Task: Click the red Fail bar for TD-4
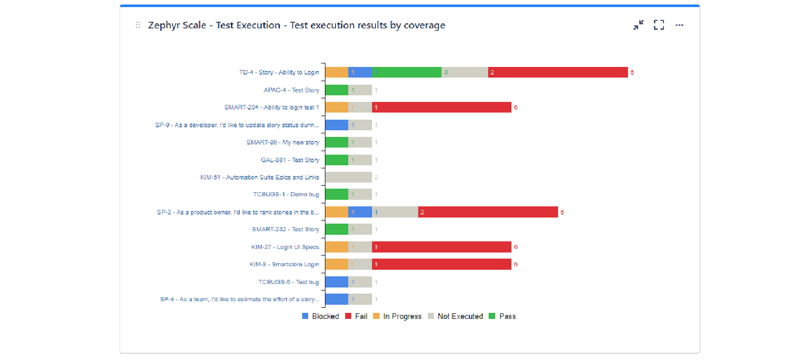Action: (x=558, y=73)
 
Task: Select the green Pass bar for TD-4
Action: (x=407, y=73)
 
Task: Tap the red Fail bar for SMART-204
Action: (x=441, y=107)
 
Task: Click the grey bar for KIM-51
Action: (x=348, y=177)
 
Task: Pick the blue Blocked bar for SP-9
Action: (x=337, y=125)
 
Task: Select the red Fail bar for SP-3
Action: (x=488, y=212)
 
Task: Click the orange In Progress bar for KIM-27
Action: (x=337, y=247)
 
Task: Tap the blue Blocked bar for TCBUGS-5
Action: (x=337, y=282)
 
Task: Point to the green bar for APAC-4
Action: (x=337, y=90)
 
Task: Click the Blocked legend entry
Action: (x=320, y=316)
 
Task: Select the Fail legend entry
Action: (x=356, y=316)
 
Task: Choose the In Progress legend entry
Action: (x=397, y=316)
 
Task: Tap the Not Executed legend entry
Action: (x=455, y=316)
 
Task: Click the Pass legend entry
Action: (x=502, y=316)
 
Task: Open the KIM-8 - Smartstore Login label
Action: (x=284, y=264)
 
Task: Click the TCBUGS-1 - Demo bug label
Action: (x=286, y=194)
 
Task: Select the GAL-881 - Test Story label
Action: (x=290, y=160)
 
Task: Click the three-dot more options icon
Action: (x=679, y=25)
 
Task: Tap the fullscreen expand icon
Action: (x=659, y=25)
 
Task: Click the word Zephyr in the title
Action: (x=163, y=25)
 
